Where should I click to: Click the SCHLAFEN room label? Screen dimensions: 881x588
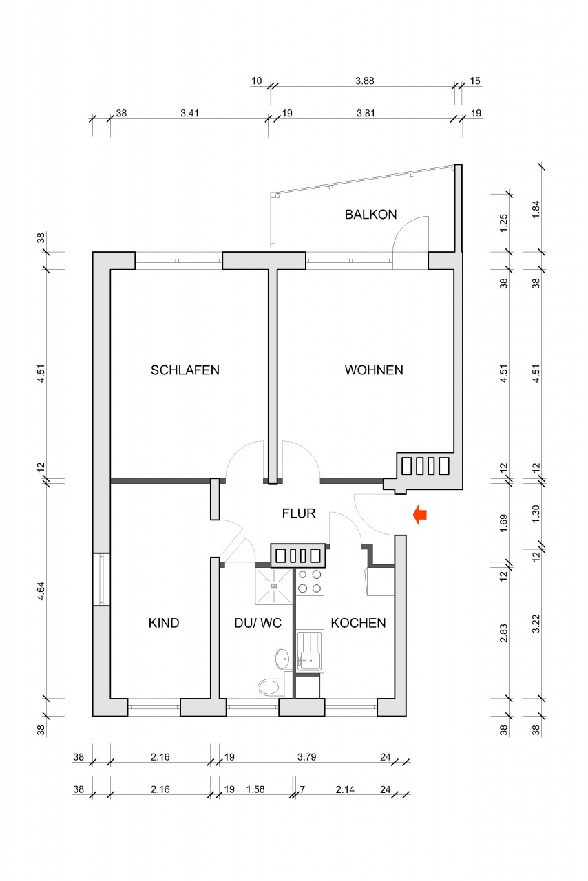[x=185, y=370]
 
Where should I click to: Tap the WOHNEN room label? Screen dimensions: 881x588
[x=374, y=370]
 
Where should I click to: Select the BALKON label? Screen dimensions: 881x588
[x=370, y=215]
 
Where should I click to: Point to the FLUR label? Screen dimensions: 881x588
[x=298, y=513]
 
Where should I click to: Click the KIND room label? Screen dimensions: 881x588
[x=164, y=624]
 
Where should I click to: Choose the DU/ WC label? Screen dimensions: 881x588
[x=258, y=624]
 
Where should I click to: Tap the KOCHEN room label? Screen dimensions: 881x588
[x=358, y=624]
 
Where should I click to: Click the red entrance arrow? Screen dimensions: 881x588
[x=419, y=514]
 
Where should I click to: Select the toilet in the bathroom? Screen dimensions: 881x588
[x=270, y=686]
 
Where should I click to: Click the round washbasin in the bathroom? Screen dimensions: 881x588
[x=282, y=658]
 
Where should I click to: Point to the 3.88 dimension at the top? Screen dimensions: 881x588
[x=364, y=81]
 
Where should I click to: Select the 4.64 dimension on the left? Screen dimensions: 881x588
[x=41, y=592]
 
